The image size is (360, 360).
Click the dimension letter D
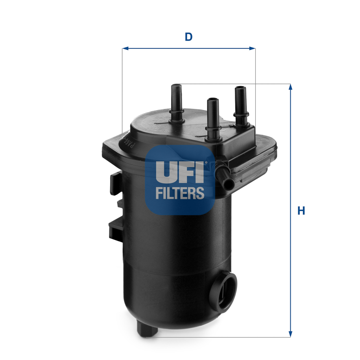click(x=189, y=37)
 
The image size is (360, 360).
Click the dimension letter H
click(x=301, y=211)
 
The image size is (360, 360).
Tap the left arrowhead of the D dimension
click(x=125, y=48)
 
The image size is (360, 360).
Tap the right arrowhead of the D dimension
click(x=252, y=48)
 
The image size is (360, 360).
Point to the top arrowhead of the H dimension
click(x=290, y=87)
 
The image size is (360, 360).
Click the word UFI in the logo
click(x=179, y=172)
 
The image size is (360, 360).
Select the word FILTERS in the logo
click(x=180, y=193)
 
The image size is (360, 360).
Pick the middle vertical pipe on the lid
click(x=213, y=118)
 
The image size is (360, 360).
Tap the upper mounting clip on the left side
click(x=115, y=183)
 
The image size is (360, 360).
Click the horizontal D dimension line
click(x=189, y=48)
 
